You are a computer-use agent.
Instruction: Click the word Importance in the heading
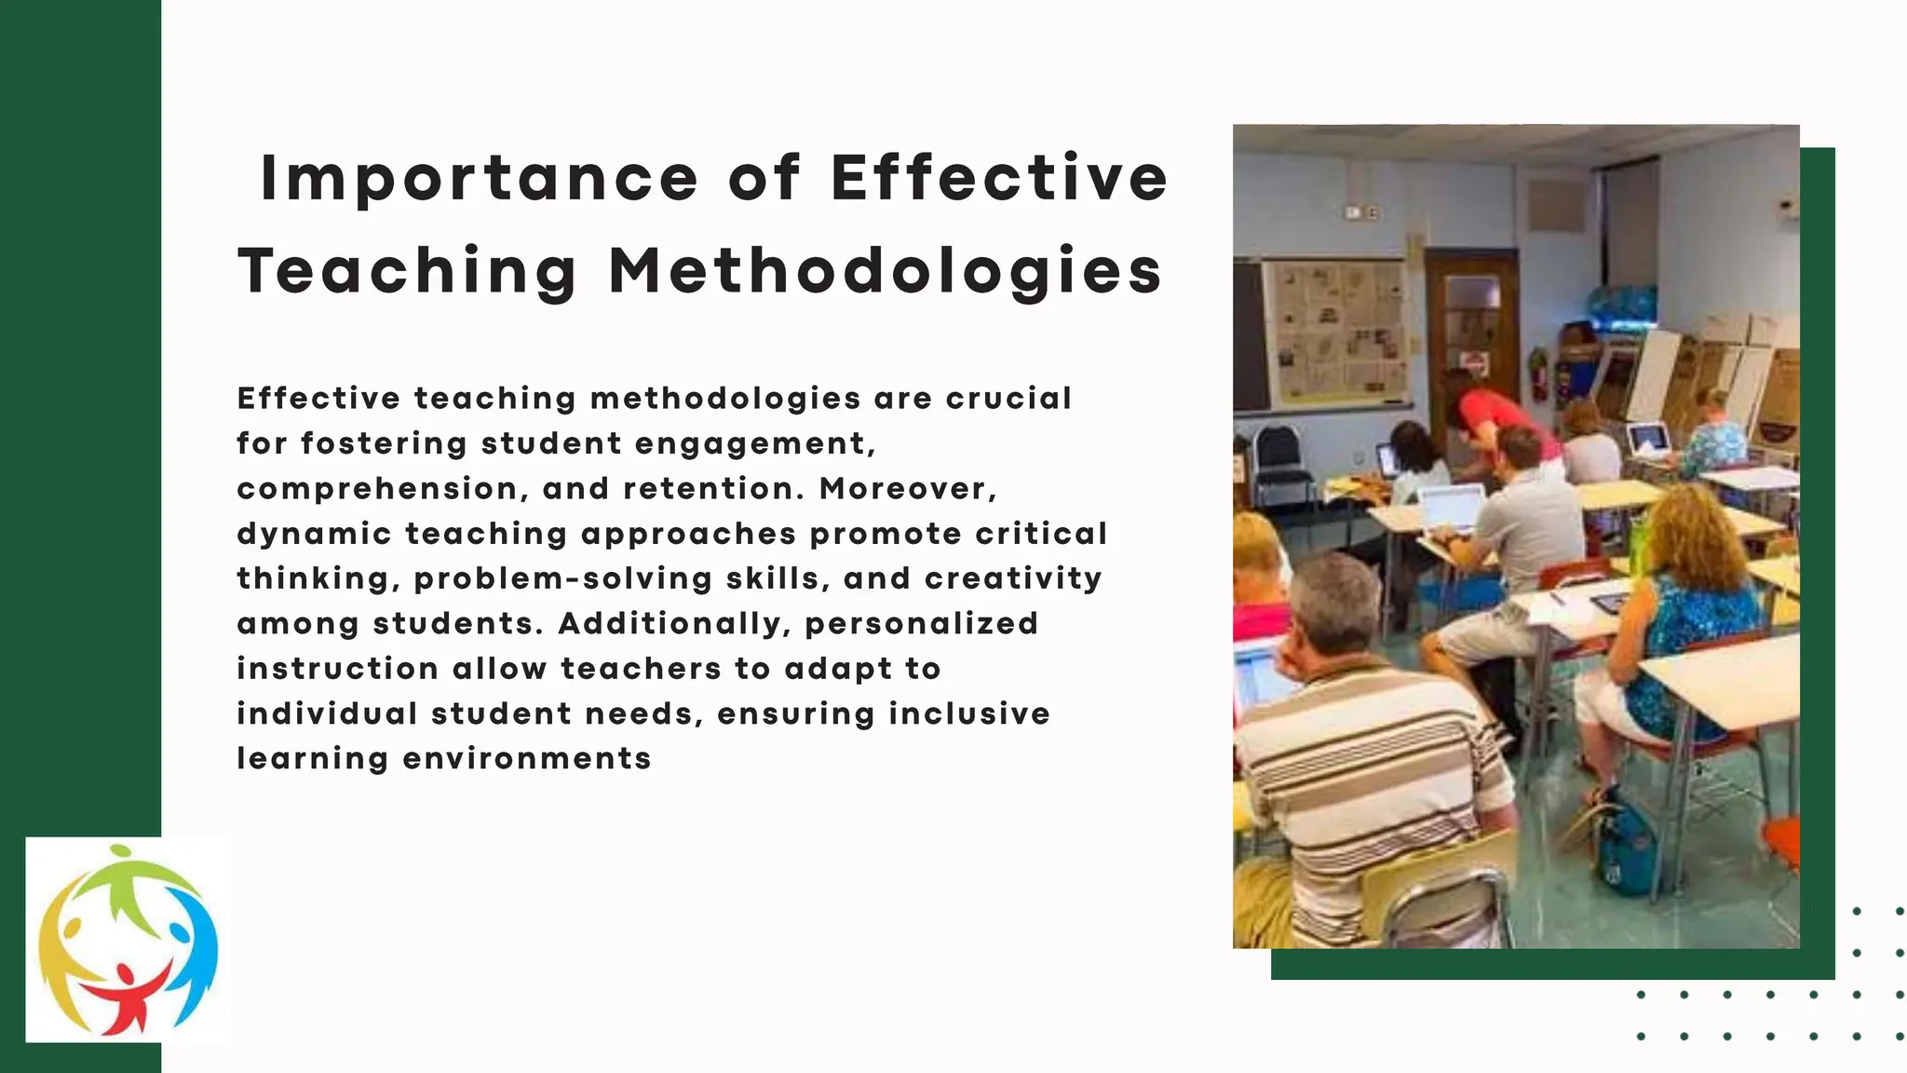click(479, 179)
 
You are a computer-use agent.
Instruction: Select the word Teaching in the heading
click(408, 272)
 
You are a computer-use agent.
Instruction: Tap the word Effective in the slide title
click(999, 179)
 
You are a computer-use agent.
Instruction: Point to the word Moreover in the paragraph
click(902, 489)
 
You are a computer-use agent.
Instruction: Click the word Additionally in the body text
click(669, 624)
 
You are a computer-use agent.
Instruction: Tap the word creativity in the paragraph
click(1013, 579)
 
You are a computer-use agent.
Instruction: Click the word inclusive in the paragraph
click(969, 714)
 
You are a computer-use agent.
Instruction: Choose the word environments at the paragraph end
click(527, 759)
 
